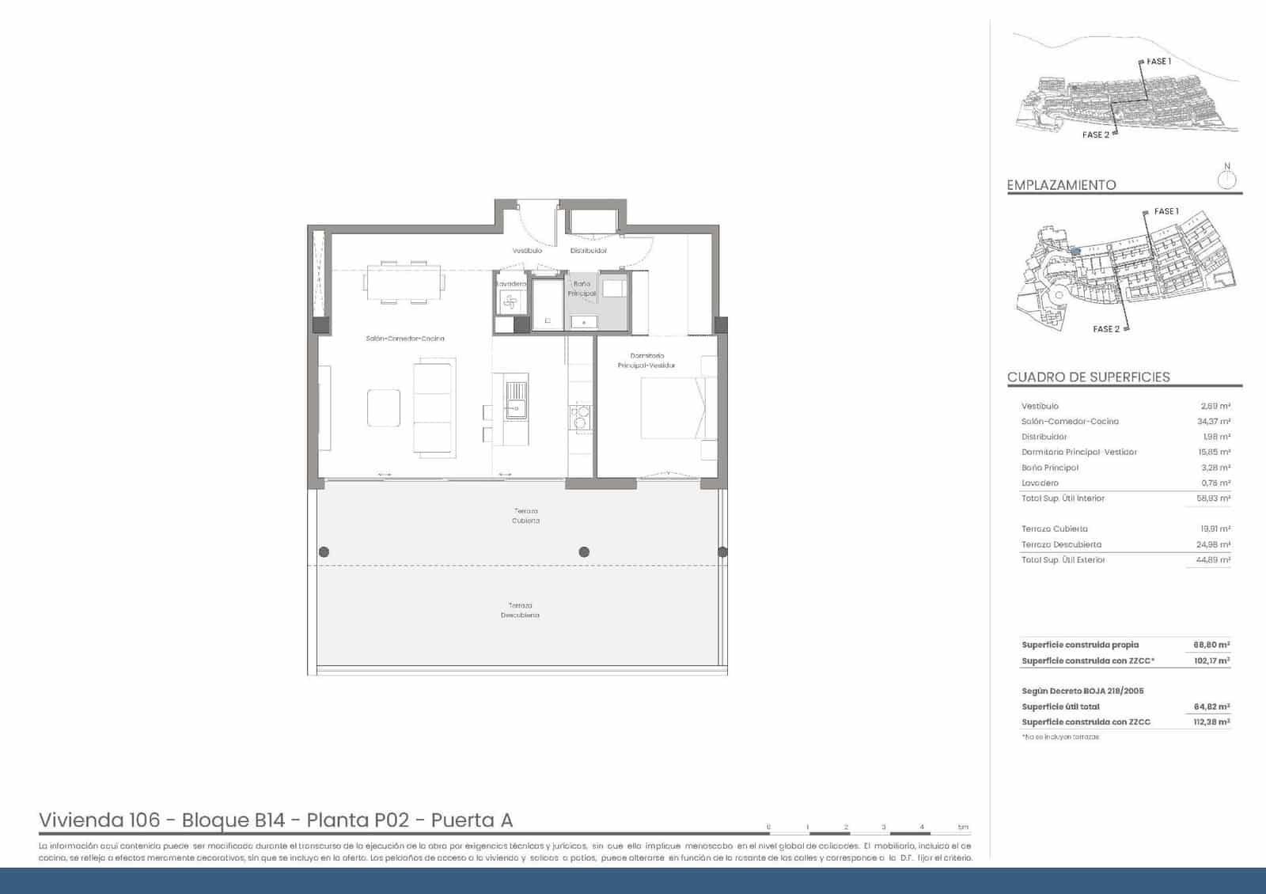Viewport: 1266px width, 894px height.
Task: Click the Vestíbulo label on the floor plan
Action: tap(526, 251)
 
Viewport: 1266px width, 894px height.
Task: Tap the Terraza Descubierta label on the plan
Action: tap(520, 610)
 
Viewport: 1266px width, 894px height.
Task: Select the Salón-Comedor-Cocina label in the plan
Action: tap(404, 339)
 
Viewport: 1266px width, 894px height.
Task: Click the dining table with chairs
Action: tap(404, 282)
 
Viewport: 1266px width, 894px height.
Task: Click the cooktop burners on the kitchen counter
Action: tap(580, 417)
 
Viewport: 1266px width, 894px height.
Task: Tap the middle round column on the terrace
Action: tap(584, 552)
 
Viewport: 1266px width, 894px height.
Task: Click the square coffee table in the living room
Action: tap(384, 407)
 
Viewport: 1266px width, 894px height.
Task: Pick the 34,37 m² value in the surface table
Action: tap(1213, 422)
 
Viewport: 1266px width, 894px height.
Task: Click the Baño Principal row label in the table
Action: tap(1049, 468)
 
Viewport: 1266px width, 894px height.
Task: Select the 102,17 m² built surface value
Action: tap(1211, 661)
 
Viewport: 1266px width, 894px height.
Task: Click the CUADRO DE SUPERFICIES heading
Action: tap(1088, 377)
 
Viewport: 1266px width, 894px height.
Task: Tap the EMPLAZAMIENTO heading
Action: tap(1061, 185)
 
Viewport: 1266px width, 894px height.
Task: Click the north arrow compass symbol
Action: tap(1226, 179)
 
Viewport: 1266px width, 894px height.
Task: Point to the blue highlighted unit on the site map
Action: tap(1074, 251)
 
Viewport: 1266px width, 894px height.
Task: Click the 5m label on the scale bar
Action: tap(962, 828)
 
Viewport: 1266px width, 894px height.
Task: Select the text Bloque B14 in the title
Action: tap(233, 820)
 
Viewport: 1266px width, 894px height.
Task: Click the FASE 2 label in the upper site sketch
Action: tap(1095, 135)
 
